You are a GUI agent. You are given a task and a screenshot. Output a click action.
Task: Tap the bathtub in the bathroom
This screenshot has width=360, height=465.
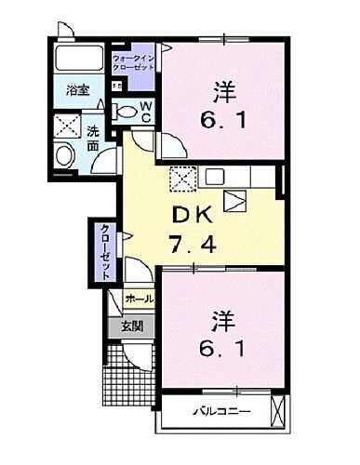82,58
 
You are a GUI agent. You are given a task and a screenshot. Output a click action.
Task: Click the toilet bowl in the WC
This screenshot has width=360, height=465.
126,111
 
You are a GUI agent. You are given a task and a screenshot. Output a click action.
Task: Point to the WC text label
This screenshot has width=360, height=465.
147,112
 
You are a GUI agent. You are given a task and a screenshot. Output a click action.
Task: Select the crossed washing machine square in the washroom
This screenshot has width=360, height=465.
66,123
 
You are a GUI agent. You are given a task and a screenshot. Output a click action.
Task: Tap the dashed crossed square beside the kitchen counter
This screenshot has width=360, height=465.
181,178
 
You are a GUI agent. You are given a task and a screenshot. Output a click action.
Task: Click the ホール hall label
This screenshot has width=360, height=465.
138,300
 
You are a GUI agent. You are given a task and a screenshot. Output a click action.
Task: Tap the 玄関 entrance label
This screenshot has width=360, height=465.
132,327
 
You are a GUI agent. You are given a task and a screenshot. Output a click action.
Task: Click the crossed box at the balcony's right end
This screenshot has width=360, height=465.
277,409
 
